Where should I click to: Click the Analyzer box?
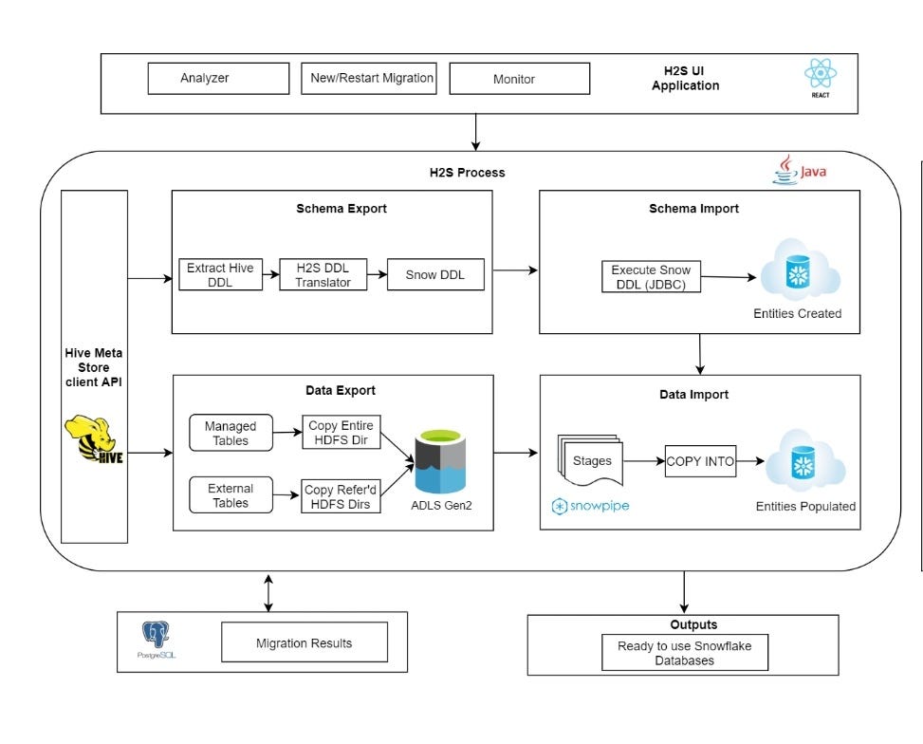(218, 79)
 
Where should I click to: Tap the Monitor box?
(513, 79)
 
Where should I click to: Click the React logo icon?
(819, 76)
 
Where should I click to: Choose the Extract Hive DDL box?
(220, 275)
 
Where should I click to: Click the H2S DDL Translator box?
(323, 275)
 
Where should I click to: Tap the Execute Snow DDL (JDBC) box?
(651, 276)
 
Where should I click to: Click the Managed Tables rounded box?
(231, 434)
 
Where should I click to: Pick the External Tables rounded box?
(231, 494)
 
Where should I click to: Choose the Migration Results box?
(304, 642)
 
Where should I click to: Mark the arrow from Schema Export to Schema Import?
(516, 270)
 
